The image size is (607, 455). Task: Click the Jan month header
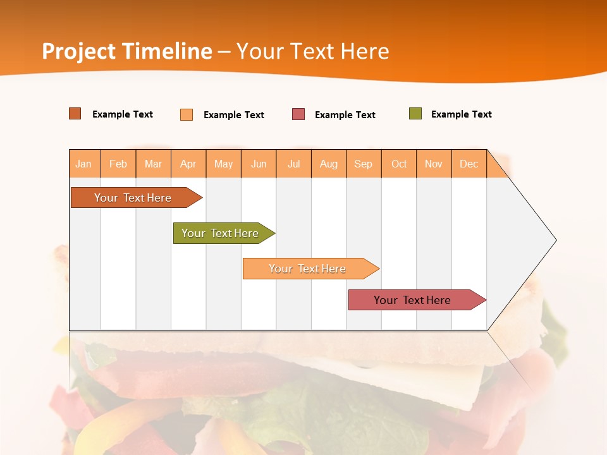click(x=84, y=164)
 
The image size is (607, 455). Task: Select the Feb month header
click(x=118, y=164)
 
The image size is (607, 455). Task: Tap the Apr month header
click(x=188, y=164)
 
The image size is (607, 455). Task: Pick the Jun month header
click(x=259, y=164)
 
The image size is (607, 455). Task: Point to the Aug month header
click(x=329, y=164)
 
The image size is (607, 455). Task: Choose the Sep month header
click(x=364, y=164)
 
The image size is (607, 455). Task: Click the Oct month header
click(x=399, y=164)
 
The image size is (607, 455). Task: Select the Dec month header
click(x=469, y=164)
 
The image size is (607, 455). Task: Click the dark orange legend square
click(x=75, y=114)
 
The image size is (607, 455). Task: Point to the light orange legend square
click(x=187, y=114)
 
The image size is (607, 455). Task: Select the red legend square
click(x=298, y=114)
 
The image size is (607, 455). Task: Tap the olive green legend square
click(x=415, y=114)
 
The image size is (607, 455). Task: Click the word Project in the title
click(x=79, y=51)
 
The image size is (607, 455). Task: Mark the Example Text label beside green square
click(x=461, y=114)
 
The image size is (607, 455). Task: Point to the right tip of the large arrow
click(x=555, y=240)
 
